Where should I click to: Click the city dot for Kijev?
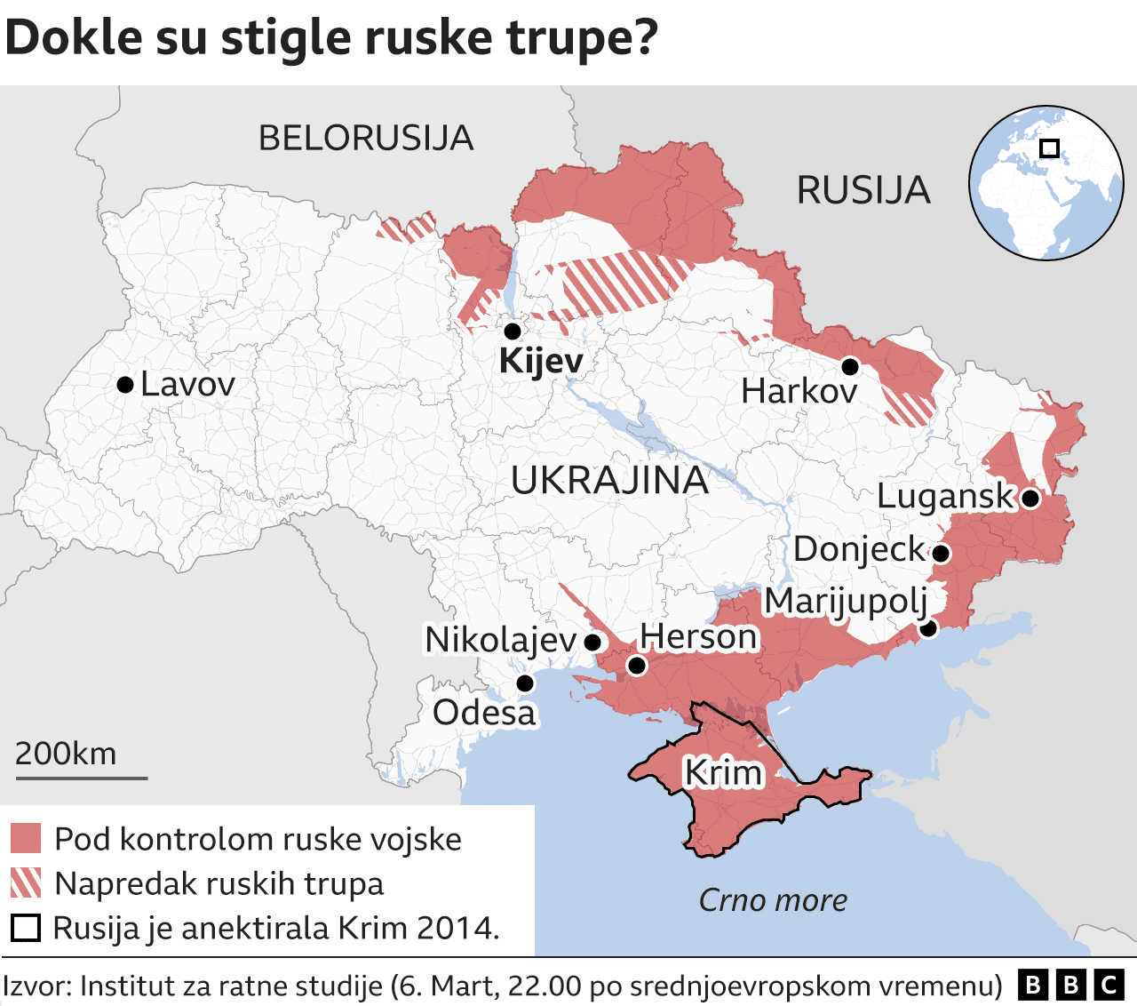pyautogui.click(x=513, y=331)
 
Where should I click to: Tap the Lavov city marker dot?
pyautogui.click(x=125, y=385)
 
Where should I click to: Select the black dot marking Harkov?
pyautogui.click(x=850, y=366)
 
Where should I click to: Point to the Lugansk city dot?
pyautogui.click(x=1030, y=499)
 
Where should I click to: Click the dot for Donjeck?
pyautogui.click(x=942, y=554)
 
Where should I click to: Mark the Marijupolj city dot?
pyautogui.click(x=928, y=628)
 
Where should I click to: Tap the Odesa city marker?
pyautogui.click(x=525, y=683)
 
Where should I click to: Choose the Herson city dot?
pyautogui.click(x=637, y=666)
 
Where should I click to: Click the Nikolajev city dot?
pyautogui.click(x=592, y=642)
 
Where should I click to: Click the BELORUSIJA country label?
pyautogui.click(x=365, y=139)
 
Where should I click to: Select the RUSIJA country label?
pyautogui.click(x=863, y=190)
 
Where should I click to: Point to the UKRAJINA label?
pyautogui.click(x=609, y=481)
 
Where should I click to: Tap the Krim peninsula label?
pyautogui.click(x=722, y=773)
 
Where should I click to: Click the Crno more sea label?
pyautogui.click(x=772, y=900)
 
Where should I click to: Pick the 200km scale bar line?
pyautogui.click(x=81, y=778)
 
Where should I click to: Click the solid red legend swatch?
pyautogui.click(x=26, y=838)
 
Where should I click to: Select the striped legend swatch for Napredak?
pyautogui.click(x=26, y=883)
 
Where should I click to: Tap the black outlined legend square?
pyautogui.click(x=26, y=928)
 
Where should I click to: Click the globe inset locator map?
pyautogui.click(x=1046, y=183)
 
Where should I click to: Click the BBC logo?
pyautogui.click(x=1070, y=985)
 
